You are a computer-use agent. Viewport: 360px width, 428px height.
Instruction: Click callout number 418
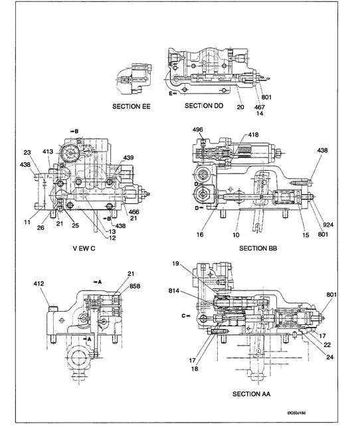(254, 135)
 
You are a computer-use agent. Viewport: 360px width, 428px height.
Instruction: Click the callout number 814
(193, 290)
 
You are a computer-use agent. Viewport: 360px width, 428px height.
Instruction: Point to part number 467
(261, 106)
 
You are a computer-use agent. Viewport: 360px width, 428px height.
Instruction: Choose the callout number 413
(48, 152)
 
